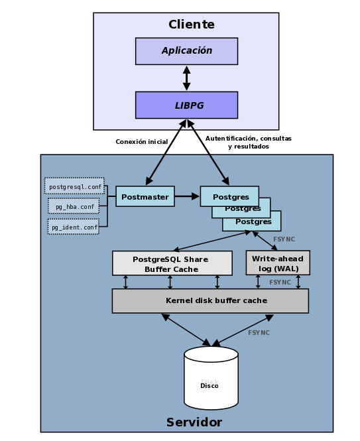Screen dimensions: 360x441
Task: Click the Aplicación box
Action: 186,51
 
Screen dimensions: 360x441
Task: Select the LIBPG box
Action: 186,105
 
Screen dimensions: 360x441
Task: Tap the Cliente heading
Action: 192,24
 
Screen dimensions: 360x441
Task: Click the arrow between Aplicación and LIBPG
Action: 186,78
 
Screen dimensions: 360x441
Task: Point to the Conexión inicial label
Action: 142,141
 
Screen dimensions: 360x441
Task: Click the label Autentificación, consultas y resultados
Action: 249,143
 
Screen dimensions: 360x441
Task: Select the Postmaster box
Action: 145,196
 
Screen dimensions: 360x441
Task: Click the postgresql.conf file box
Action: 74,186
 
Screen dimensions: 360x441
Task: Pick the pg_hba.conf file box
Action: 74,206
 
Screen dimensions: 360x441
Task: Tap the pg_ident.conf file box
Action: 74,227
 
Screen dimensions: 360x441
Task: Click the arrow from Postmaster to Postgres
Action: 187,196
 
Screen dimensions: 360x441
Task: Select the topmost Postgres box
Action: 229,196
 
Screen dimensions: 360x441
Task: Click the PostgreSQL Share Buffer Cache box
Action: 172,263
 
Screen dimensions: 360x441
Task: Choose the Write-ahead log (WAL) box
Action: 278,263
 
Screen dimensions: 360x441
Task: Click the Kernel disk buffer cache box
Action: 210,300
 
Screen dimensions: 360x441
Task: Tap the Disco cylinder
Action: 211,378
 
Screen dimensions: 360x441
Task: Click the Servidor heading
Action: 194,422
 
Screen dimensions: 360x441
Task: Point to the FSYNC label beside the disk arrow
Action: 259,333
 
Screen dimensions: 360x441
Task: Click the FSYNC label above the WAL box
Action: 284,239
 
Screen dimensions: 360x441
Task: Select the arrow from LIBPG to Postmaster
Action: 166,152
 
